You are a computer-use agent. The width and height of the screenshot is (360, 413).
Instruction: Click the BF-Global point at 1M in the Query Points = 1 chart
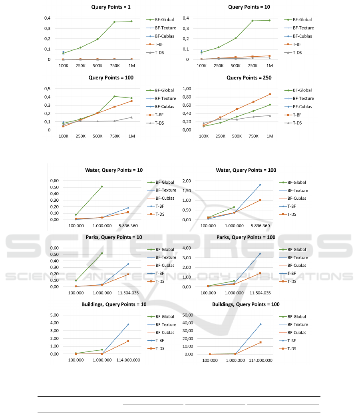(131, 21)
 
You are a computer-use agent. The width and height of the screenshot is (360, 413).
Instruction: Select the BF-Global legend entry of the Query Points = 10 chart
(302, 20)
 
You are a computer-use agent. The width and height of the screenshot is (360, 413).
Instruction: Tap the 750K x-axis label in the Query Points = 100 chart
(114, 136)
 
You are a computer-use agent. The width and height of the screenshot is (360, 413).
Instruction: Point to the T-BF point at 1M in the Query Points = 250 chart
(270, 94)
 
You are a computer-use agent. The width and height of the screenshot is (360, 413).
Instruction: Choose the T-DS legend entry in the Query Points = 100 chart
(163, 123)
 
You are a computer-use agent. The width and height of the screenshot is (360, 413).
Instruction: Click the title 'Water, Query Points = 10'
(114, 170)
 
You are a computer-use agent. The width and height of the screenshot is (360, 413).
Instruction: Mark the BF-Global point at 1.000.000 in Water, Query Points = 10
(102, 187)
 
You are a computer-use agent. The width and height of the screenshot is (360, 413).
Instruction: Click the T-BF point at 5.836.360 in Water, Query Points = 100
(260, 185)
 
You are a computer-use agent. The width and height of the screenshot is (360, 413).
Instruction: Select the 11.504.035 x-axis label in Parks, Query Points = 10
(128, 293)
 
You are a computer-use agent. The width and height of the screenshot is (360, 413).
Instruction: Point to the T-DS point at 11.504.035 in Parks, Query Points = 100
(260, 273)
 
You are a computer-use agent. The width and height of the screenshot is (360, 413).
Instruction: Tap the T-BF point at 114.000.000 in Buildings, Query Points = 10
(128, 324)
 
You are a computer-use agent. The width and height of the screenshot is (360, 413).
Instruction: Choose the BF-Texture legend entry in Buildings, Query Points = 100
(298, 325)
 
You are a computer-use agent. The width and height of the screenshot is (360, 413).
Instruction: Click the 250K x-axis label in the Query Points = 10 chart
(219, 66)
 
